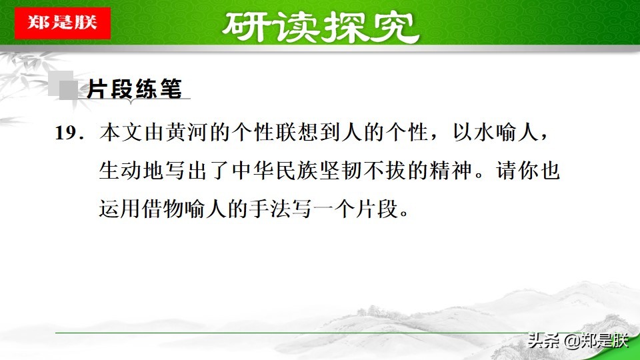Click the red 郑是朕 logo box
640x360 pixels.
[62, 23]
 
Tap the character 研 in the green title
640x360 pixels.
[246, 28]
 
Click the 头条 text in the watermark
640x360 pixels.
[543, 341]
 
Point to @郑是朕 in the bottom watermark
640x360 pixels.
[597, 341]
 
